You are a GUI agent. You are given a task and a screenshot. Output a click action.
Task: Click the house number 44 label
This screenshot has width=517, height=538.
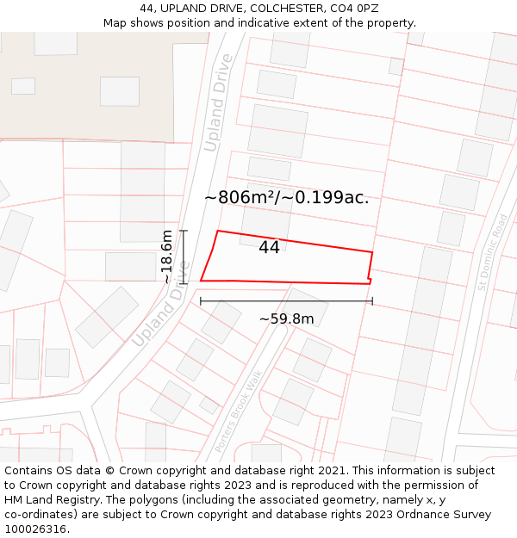point(269,248)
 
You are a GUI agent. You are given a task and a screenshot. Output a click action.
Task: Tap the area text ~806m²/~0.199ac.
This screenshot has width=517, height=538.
point(286,197)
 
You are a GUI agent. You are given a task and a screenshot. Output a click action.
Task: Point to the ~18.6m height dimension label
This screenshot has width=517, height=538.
point(166,257)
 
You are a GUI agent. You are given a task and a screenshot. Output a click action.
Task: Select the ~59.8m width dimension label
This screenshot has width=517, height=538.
point(286,319)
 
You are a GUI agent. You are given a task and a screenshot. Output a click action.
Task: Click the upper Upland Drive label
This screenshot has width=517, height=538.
point(218,102)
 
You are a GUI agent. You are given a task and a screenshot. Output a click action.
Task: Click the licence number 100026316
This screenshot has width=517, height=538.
point(36,529)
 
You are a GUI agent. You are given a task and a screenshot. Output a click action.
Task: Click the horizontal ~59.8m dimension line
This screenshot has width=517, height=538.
point(286,301)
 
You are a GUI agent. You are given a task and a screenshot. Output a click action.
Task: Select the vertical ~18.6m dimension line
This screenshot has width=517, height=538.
point(183,257)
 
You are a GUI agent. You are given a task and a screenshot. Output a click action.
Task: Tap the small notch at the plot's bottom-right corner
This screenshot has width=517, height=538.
point(371,280)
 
